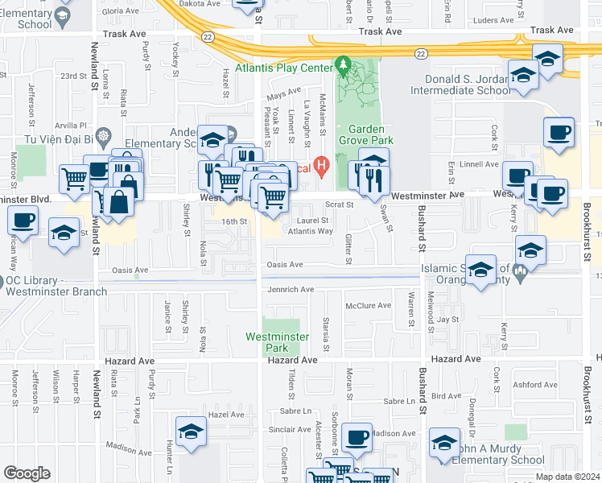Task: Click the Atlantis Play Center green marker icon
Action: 343,64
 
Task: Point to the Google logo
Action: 27,473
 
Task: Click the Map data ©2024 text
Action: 567,477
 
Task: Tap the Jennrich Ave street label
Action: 289,289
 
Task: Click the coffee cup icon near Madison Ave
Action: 357,439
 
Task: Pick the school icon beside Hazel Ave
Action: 191,433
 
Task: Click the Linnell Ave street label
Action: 480,164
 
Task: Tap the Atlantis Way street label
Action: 311,231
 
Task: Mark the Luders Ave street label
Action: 492,20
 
